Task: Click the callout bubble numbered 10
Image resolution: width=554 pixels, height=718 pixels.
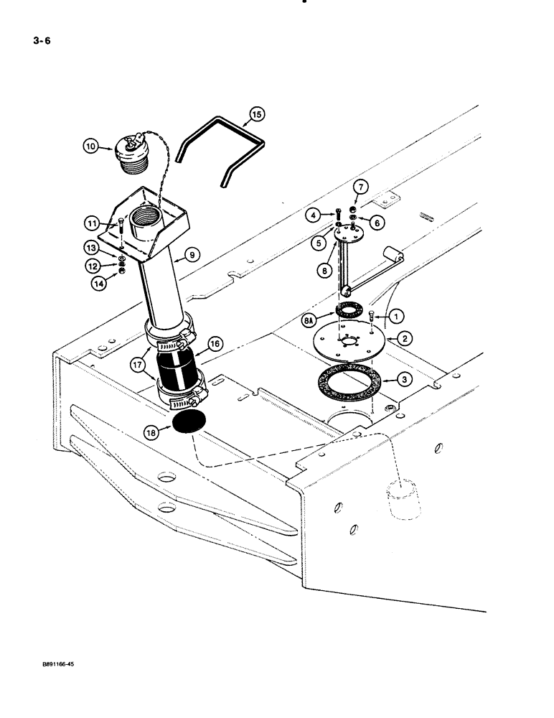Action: coord(91,146)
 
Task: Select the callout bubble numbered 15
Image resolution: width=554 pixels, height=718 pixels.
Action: coord(257,113)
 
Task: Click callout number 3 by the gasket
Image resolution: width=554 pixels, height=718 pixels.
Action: coord(406,377)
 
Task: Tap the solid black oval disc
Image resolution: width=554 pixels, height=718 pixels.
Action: coord(189,423)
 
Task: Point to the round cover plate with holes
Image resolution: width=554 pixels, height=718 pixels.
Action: coord(345,340)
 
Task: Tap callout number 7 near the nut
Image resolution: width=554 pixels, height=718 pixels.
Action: coord(360,187)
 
